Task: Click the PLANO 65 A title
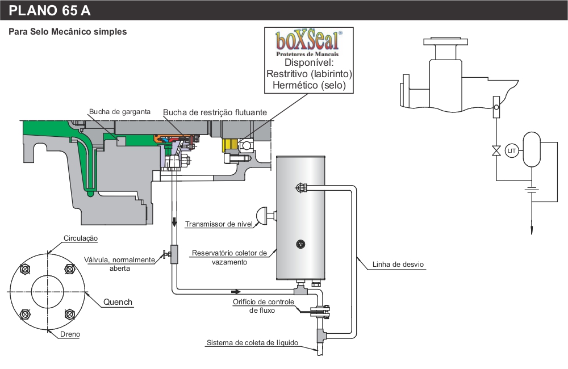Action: (49, 10)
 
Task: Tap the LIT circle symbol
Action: (512, 150)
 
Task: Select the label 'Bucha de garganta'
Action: (119, 111)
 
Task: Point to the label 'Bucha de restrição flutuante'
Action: (215, 112)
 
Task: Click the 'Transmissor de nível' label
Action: (219, 224)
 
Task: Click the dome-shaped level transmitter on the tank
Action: (266, 216)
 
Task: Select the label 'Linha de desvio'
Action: (398, 265)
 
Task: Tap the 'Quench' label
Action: (118, 302)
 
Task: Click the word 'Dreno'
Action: (70, 334)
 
